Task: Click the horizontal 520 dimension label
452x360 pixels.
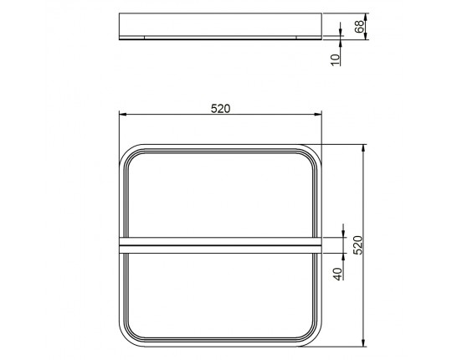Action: pos(220,109)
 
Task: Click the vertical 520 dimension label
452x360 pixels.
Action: pos(357,245)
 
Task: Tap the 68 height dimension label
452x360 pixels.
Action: pos(359,27)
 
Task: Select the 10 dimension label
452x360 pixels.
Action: pos(336,60)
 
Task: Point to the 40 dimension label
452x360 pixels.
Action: pos(337,274)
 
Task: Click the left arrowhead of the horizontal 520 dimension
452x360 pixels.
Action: pos(123,115)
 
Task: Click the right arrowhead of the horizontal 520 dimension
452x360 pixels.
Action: pos(318,115)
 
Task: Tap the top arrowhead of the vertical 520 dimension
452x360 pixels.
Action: pos(364,148)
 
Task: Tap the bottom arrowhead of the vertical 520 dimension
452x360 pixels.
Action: pos(364,342)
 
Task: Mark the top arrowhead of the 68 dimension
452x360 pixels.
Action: pos(365,17)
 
